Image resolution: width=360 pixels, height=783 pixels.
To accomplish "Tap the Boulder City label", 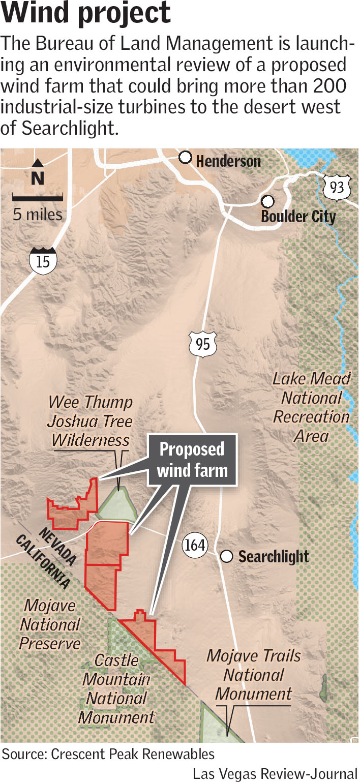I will coord(298,217).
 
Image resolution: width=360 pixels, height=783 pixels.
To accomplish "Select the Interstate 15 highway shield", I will coord(43,260).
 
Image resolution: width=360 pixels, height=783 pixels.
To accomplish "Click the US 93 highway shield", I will coord(337,188).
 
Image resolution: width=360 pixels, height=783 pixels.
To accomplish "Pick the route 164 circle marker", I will coord(195,546).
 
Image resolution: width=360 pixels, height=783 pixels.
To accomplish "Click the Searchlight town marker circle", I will coord(227,557).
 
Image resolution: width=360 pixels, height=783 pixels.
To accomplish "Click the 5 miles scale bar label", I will coord(38,214).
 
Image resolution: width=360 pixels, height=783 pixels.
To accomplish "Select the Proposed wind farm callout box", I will coord(193,460).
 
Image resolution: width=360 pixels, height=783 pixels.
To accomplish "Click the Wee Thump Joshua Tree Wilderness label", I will coord(91,421).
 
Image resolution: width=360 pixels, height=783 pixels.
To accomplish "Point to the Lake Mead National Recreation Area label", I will coord(312,407).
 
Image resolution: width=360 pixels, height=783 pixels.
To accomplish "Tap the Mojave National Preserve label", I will coord(50,624).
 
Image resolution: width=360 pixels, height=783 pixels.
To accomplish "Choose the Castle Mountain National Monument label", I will coord(116,688).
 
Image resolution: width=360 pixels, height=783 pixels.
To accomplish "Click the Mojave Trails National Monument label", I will coord(253,675).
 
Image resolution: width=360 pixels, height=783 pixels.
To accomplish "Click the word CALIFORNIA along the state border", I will coord(43,561).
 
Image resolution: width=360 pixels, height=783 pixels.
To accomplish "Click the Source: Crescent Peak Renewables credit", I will coord(108,754).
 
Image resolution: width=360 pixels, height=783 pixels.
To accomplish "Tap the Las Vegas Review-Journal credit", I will coord(275,773).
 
